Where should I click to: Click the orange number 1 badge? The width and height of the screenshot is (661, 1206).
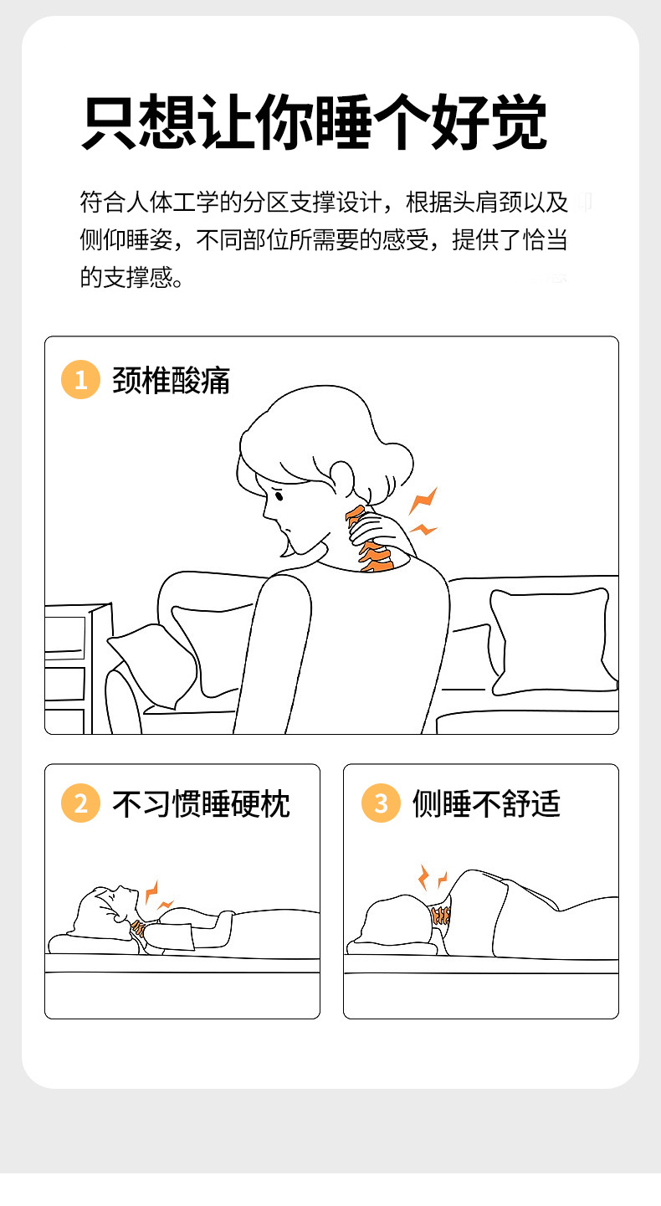coord(80,380)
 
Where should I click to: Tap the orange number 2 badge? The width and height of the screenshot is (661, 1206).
coord(80,803)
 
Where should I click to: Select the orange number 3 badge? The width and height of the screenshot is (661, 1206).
coord(381,803)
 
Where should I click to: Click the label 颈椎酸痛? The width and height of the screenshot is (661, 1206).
coord(172,380)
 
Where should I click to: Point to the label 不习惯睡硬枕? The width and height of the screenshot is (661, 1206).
coord(201,803)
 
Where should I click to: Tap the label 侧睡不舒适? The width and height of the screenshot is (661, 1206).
coord(486,803)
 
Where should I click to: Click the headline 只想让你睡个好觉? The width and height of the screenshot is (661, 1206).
coord(315,121)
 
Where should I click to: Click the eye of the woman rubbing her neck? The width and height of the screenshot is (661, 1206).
coord(279,495)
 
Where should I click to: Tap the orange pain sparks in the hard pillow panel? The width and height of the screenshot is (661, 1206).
coord(157,896)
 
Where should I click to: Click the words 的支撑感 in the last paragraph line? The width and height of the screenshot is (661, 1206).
coord(127,277)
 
